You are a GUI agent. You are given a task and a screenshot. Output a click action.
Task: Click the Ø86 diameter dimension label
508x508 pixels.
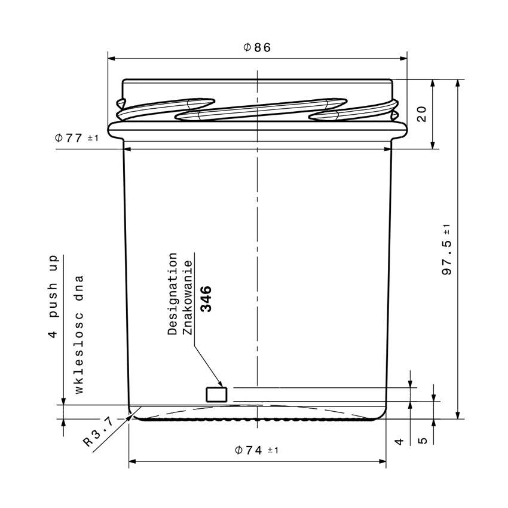click(x=257, y=48)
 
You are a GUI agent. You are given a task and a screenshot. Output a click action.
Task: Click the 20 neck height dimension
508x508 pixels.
click(x=421, y=114)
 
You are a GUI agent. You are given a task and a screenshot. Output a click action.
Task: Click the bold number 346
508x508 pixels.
click(x=206, y=299)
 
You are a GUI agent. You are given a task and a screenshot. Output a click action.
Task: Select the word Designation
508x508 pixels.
click(x=173, y=293)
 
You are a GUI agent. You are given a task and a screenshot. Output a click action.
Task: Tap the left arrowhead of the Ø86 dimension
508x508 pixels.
click(x=111, y=59)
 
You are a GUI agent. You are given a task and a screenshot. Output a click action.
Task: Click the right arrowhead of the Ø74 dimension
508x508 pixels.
click(x=382, y=461)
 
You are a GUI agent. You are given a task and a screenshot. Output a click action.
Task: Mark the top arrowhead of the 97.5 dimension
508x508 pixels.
click(x=458, y=82)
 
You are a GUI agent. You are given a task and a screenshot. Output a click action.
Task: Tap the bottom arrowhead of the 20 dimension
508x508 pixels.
click(x=434, y=145)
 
